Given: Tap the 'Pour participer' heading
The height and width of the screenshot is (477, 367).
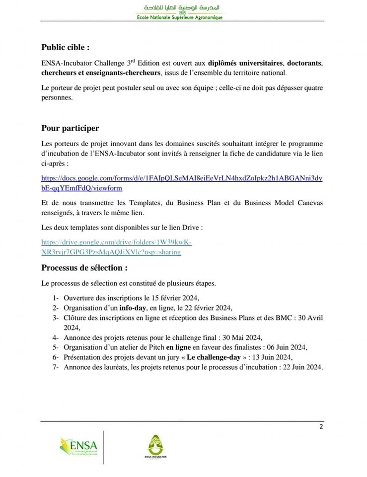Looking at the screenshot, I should tap(70, 128).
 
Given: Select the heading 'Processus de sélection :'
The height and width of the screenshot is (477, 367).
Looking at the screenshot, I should tap(84, 268).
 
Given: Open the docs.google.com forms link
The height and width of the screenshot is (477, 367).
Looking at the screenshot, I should tap(182, 183).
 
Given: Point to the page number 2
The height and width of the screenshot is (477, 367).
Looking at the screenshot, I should tap(321, 426).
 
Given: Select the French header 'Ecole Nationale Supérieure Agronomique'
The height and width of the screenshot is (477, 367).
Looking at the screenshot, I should tap(180, 17).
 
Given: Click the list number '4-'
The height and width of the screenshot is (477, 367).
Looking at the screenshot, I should tap(55, 337).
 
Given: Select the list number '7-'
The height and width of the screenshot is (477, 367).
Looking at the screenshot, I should tap(55, 367).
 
